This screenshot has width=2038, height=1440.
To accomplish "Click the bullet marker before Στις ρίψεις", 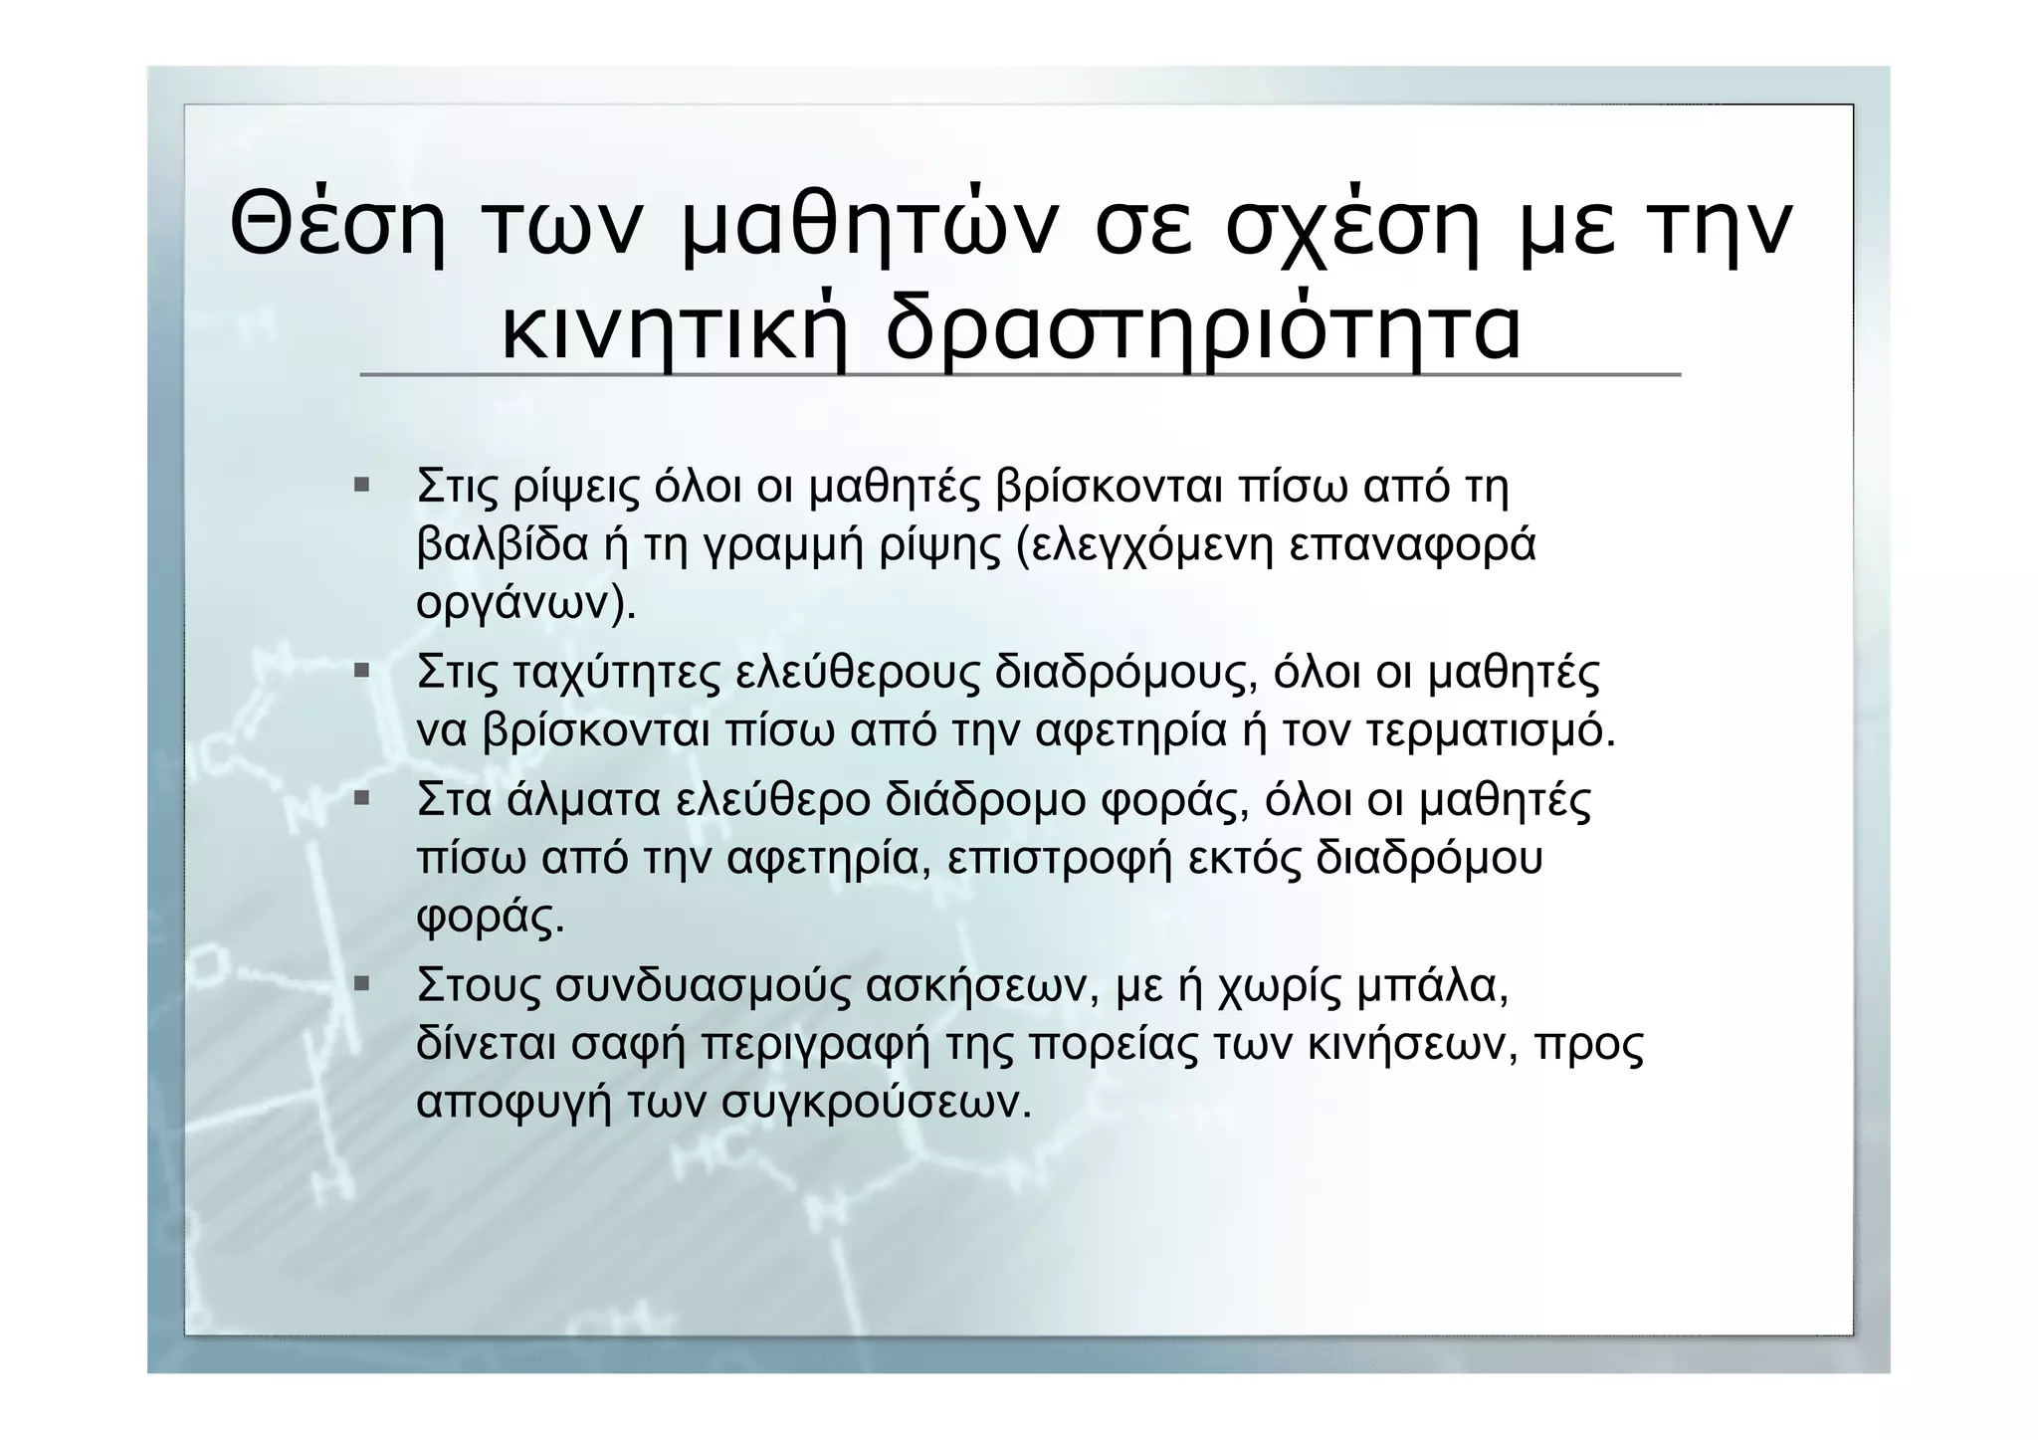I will point(361,487).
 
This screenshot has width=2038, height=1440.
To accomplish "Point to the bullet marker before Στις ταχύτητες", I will point(361,672).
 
